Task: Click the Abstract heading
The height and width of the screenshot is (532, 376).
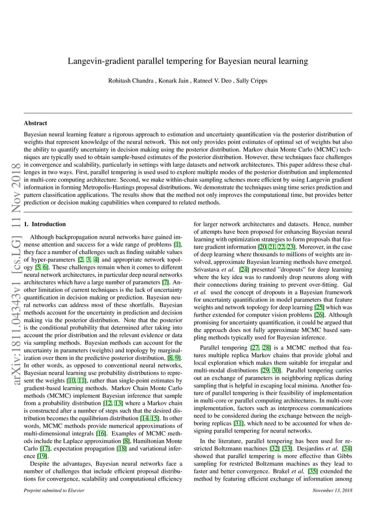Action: (35, 123)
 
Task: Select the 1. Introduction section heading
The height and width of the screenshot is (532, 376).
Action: (45, 224)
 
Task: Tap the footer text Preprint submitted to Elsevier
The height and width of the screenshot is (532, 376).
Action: (54, 491)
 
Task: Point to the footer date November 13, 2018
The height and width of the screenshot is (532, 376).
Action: (332, 491)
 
